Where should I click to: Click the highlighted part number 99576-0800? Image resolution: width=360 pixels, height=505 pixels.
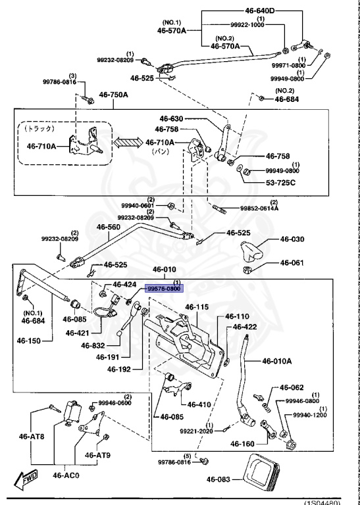pyautogui.click(x=163, y=288)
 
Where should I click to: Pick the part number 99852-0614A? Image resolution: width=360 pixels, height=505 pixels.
pyautogui.click(x=259, y=208)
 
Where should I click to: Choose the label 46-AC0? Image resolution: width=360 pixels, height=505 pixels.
pyautogui.click(x=66, y=475)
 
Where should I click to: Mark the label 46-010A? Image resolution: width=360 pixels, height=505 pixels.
pyautogui.click(x=276, y=360)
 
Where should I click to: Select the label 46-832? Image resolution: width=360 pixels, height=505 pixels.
pyautogui.click(x=94, y=345)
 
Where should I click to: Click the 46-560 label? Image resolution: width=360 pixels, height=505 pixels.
pyautogui.click(x=109, y=228)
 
